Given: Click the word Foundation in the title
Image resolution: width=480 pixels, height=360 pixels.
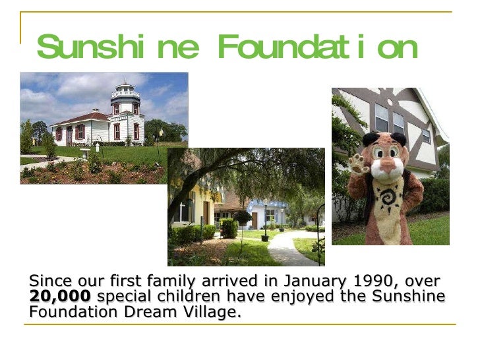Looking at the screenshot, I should point(317,47).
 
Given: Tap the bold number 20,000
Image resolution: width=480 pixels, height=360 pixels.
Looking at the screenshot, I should point(60,297).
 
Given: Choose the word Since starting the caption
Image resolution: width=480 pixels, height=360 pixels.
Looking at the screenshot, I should point(48,282).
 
